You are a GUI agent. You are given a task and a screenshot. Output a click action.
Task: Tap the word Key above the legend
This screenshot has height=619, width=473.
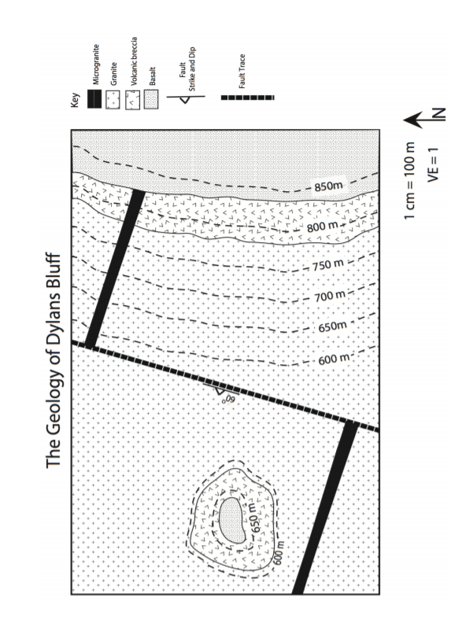tap(75, 100)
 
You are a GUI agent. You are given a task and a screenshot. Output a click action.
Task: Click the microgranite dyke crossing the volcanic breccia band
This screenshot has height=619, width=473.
tap(135, 208)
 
